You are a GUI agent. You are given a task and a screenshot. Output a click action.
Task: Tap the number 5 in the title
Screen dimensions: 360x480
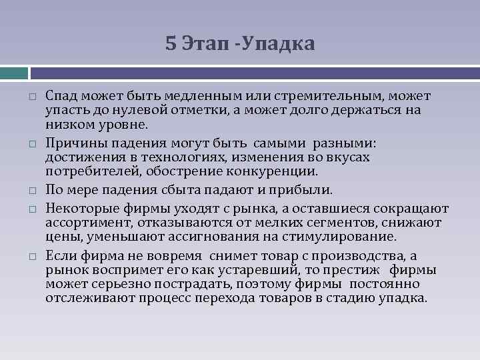[171, 44]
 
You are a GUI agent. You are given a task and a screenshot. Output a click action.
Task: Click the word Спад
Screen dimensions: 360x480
[61, 97]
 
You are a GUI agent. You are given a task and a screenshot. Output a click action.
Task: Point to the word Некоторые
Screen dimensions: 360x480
[77, 209]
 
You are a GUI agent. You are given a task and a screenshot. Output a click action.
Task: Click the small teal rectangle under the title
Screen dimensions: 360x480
[14, 72]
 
